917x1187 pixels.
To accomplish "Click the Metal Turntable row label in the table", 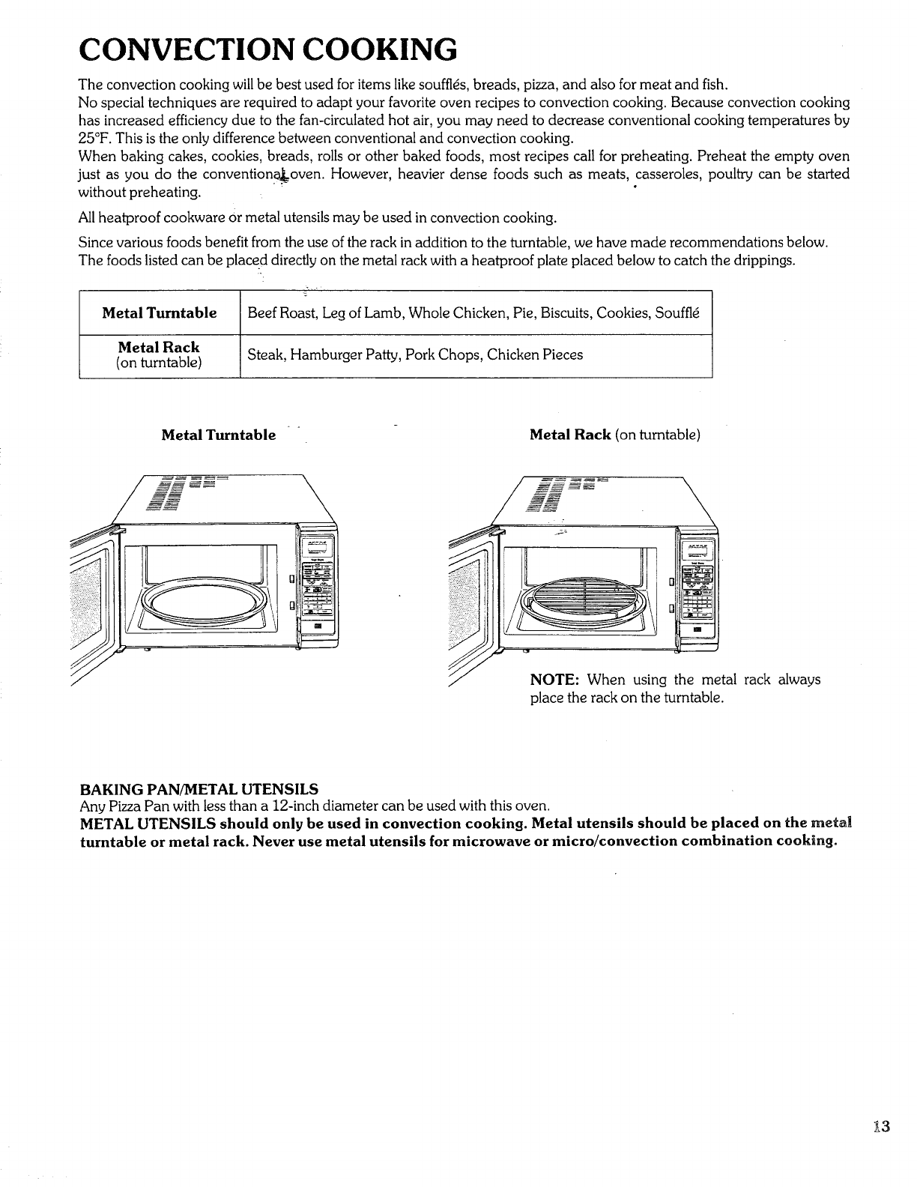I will pyautogui.click(x=160, y=312).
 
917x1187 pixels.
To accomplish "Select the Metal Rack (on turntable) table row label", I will pyautogui.click(x=159, y=355).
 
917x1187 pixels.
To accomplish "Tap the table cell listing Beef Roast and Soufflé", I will pyautogui.click(x=473, y=312).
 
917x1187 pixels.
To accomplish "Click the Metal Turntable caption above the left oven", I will pyautogui.click(x=219, y=435).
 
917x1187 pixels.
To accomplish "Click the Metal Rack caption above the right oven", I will pyautogui.click(x=614, y=435).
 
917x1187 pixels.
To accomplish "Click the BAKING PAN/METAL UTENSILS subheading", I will pyautogui.click(x=199, y=789).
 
